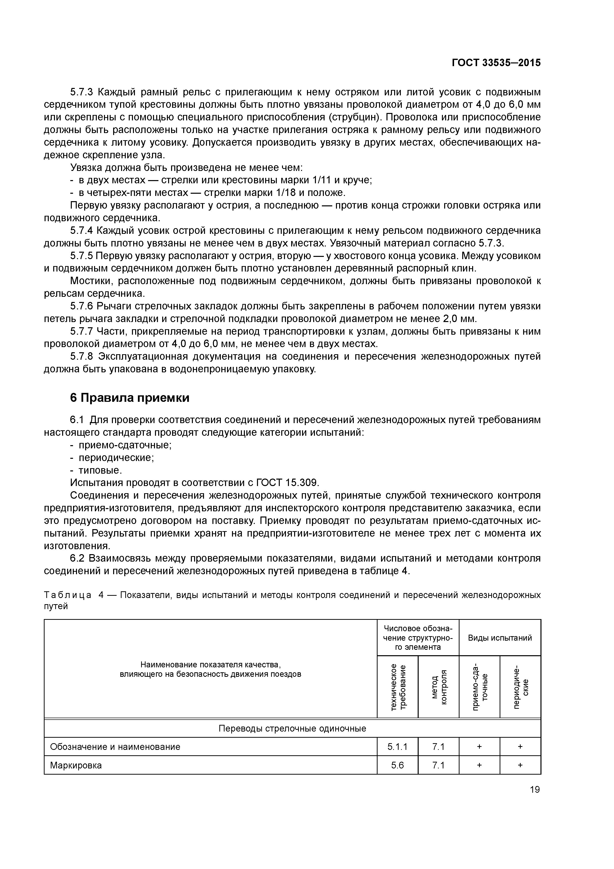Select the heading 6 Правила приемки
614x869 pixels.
129,398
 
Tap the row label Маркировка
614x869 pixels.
76,765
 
